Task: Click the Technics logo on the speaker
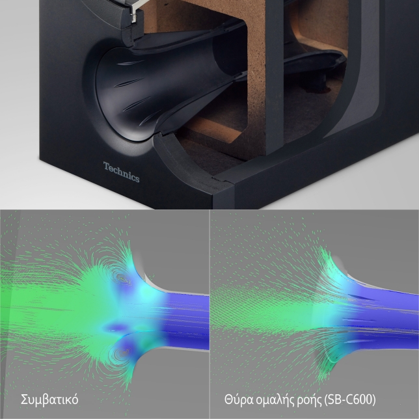122,172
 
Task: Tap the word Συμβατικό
49,399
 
